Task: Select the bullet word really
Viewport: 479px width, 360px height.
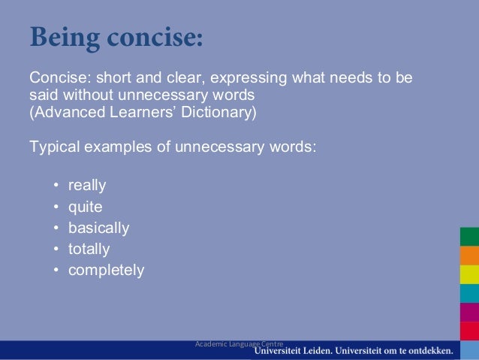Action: [x=87, y=185]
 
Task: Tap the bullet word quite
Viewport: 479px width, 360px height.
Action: [x=85, y=207]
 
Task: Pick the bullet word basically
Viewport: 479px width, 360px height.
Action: [x=98, y=228]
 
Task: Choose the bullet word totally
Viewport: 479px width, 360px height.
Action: [x=89, y=249]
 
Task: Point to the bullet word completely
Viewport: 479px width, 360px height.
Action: [x=106, y=270]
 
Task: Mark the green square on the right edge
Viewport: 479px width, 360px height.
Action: [x=469, y=236]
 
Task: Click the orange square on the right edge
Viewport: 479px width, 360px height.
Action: [x=469, y=256]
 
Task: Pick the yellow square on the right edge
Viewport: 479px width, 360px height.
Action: [x=469, y=274]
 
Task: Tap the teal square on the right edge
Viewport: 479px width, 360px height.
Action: [x=469, y=293]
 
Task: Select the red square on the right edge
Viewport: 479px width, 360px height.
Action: [x=469, y=329]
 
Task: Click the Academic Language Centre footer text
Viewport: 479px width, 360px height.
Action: [x=233, y=343]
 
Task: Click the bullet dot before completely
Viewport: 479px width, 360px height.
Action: [x=56, y=271]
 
